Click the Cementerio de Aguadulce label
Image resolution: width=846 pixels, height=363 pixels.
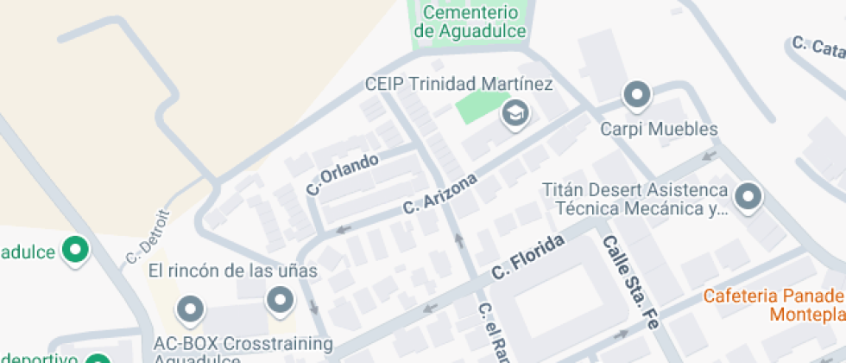pyautogui.click(x=470, y=22)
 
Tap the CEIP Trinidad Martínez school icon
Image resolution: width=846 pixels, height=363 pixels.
pyautogui.click(x=515, y=112)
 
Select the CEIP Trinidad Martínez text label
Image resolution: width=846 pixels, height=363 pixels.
pyautogui.click(x=458, y=84)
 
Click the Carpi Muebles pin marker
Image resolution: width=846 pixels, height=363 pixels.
pyautogui.click(x=637, y=94)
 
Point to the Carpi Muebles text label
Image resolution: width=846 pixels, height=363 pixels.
pyautogui.click(x=659, y=130)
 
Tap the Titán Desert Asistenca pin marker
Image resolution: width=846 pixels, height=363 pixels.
pyautogui.click(x=747, y=197)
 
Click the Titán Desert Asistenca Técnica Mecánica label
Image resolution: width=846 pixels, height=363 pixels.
pyautogui.click(x=634, y=199)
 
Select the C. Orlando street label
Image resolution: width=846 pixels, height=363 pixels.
pyautogui.click(x=343, y=173)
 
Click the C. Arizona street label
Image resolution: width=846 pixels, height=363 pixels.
pyautogui.click(x=440, y=194)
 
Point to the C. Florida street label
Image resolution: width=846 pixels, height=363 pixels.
pyautogui.click(x=528, y=257)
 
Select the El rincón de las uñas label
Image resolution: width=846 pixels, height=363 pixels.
pyautogui.click(x=233, y=271)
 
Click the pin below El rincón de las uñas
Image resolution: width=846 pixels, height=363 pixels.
pyautogui.click(x=280, y=301)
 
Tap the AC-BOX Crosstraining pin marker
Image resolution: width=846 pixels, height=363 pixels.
pyautogui.click(x=189, y=308)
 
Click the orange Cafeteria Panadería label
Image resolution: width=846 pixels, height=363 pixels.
pyautogui.click(x=773, y=304)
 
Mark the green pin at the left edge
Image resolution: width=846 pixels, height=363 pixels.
pyautogui.click(x=77, y=252)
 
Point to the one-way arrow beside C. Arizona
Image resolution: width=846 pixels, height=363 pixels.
pyautogui.click(x=344, y=230)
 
